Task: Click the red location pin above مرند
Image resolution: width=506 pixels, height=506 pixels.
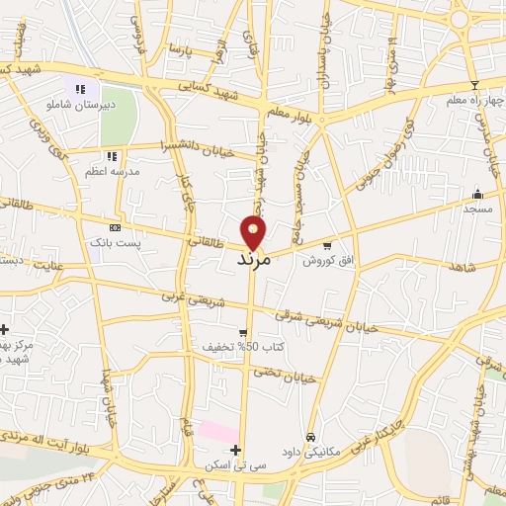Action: pyautogui.click(x=254, y=232)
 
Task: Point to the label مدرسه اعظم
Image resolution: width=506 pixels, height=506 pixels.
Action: pyautogui.click(x=111, y=170)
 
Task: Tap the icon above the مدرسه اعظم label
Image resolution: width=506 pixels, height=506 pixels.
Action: pyautogui.click(x=112, y=156)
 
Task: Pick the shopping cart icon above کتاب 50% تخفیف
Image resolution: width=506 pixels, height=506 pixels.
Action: pyautogui.click(x=242, y=333)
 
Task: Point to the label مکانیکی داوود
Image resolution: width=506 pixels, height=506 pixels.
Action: pyautogui.click(x=308, y=450)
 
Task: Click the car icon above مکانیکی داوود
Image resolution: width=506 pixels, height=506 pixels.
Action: pyautogui.click(x=310, y=436)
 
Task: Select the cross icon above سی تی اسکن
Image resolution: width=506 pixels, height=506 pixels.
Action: pyautogui.click(x=235, y=450)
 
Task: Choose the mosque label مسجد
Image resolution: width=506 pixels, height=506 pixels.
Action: pyautogui.click(x=477, y=209)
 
